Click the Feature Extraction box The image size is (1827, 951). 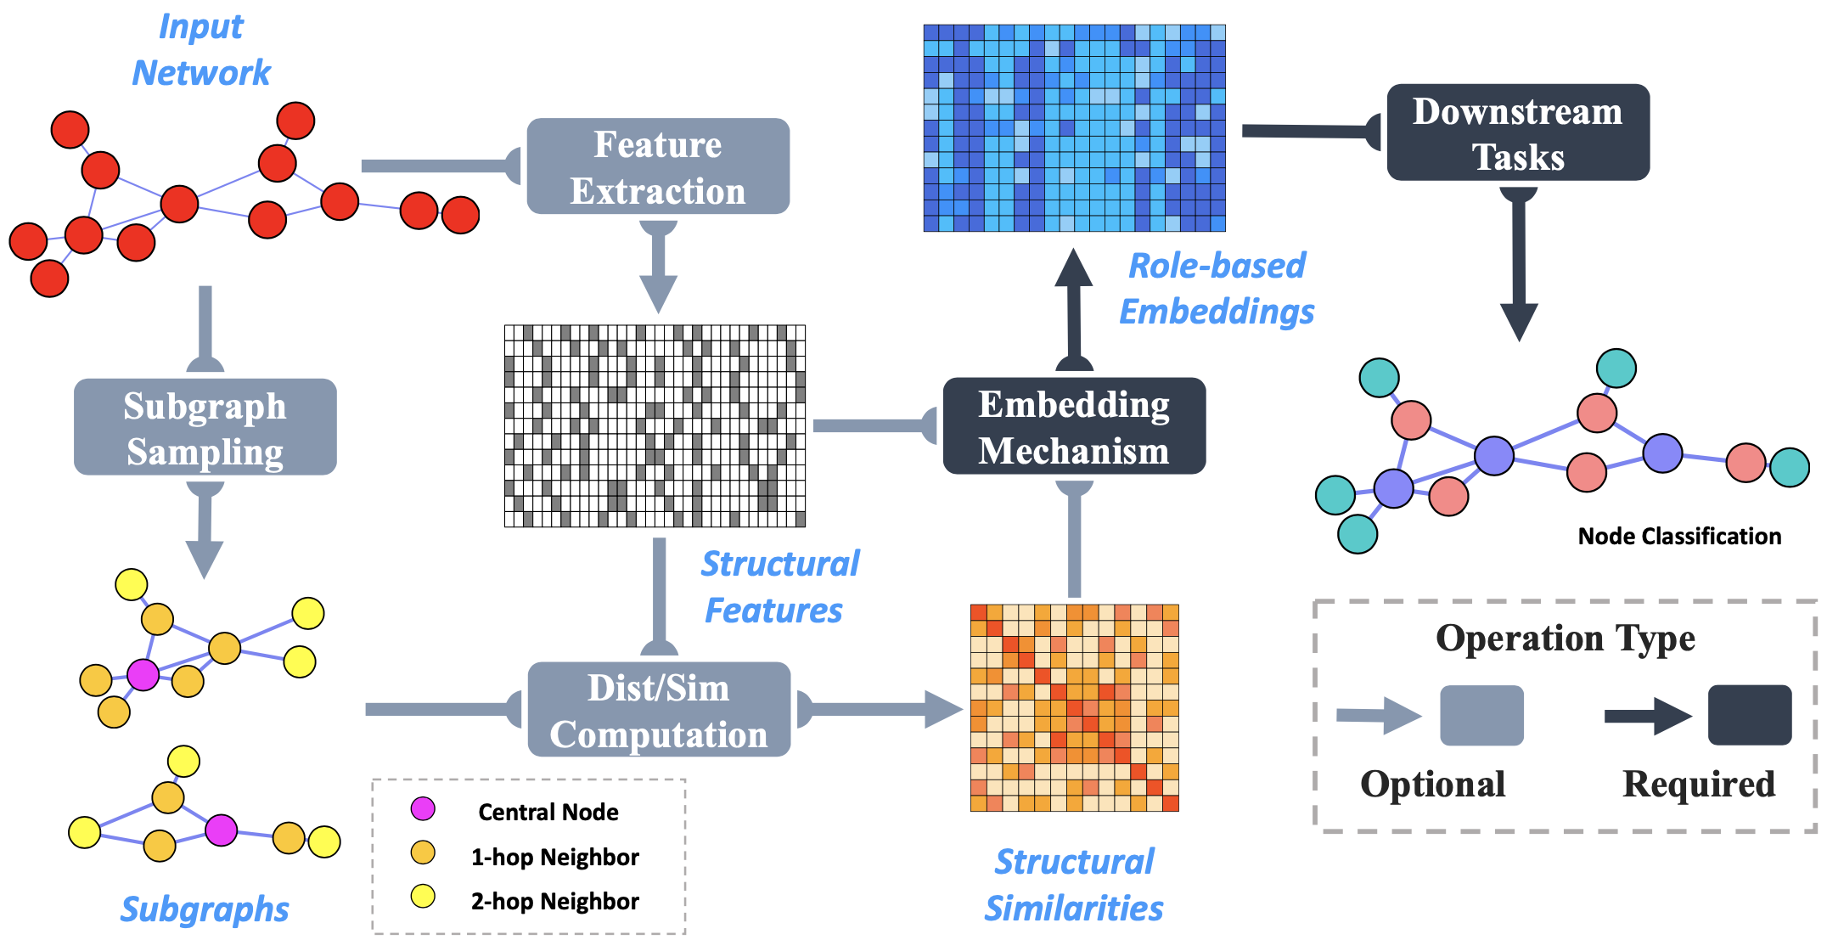(x=658, y=166)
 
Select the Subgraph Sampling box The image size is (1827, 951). (x=205, y=427)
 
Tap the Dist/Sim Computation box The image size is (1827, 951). (x=659, y=710)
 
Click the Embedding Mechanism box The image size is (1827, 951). (x=1074, y=426)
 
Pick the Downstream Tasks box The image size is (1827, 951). (x=1517, y=132)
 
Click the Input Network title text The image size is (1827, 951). (x=201, y=50)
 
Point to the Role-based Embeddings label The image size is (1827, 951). (x=1217, y=289)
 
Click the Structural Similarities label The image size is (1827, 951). (x=1074, y=885)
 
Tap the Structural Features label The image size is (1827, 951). (x=779, y=587)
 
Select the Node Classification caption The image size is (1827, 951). (x=1678, y=537)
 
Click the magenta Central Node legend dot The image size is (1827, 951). (x=423, y=809)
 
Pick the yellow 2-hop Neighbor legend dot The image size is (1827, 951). (x=423, y=897)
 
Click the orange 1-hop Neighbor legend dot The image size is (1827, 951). (x=423, y=853)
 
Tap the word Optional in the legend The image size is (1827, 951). (x=1432, y=784)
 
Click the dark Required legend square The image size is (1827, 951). (x=1749, y=716)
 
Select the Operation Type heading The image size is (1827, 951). (x=1565, y=639)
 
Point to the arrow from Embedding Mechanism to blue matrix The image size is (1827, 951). (x=1074, y=310)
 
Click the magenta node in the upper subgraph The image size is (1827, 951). (x=143, y=675)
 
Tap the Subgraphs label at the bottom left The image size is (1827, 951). (x=205, y=909)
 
